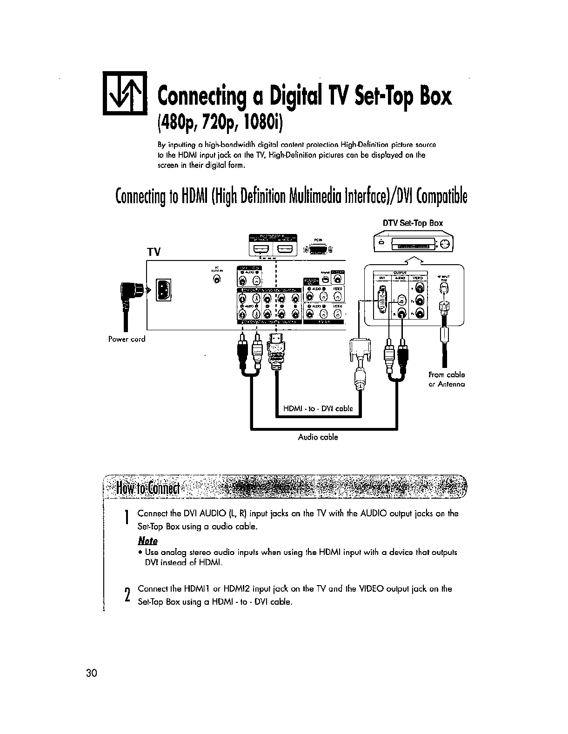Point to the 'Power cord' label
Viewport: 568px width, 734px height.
127,339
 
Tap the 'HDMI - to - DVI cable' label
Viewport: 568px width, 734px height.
318,409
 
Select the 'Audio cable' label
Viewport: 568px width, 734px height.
318,437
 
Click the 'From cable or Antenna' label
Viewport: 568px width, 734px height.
447,380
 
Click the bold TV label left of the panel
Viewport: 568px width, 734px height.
154,252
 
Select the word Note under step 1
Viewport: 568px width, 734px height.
148,541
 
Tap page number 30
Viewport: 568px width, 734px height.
91,673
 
